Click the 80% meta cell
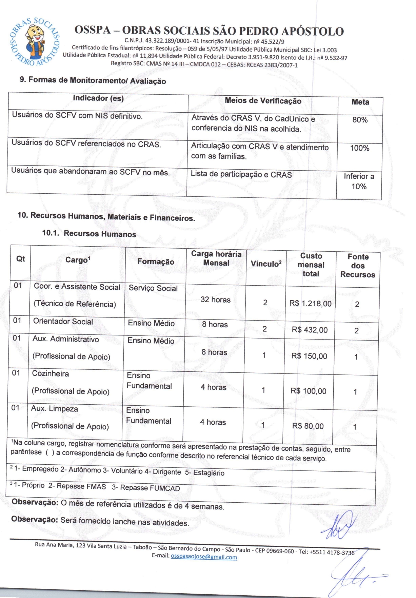[360, 120]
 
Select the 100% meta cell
[359, 148]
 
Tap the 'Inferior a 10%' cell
[359, 181]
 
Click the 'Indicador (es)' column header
[98, 98]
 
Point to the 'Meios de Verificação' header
[263, 101]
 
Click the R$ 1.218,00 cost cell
[310, 304]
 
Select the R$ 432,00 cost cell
[310, 330]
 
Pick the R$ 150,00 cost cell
[309, 356]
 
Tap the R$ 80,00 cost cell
[308, 426]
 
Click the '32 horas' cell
[215, 300]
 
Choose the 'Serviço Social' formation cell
[153, 288]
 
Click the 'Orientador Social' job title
[63, 322]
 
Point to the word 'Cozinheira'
[51, 374]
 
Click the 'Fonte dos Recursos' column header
[358, 266]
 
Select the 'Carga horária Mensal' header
[216, 258]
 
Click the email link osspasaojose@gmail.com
[204, 557]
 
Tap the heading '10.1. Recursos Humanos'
[89, 234]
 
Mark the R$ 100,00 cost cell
[308, 391]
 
